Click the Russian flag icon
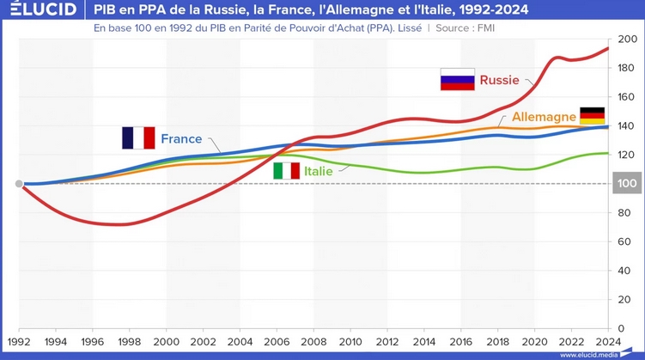point(457,80)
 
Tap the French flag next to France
point(138,138)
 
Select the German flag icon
point(593,115)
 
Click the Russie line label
point(499,80)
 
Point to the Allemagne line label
point(544,116)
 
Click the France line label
point(181,138)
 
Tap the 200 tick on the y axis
point(625,40)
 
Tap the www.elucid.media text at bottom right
point(598,354)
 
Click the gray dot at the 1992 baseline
point(19,184)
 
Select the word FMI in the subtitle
point(484,27)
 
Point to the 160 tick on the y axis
point(625,97)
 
